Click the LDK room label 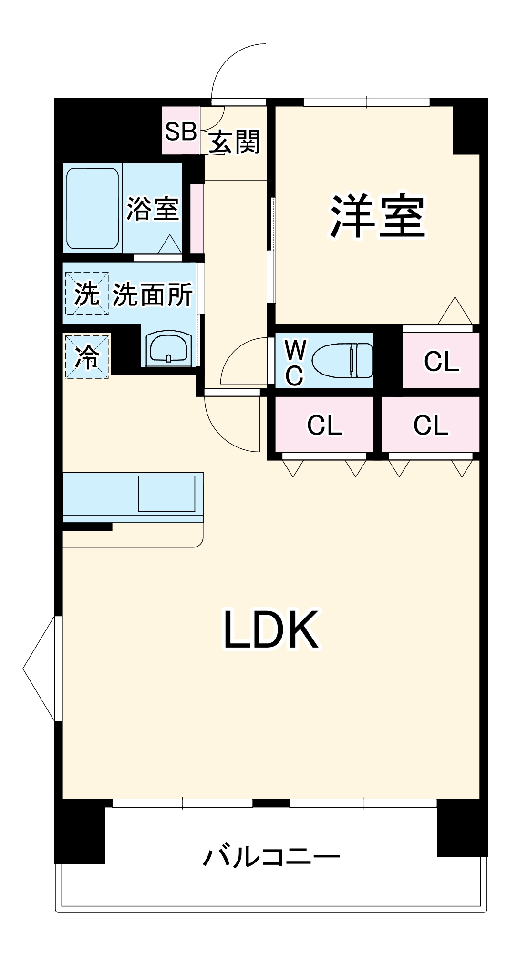click(271, 630)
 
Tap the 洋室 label click(377, 216)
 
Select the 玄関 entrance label click(235, 142)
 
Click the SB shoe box click(181, 131)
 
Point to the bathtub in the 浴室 click(93, 208)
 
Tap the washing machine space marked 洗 click(87, 294)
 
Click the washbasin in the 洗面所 click(169, 348)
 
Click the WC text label click(295, 363)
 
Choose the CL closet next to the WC click(441, 361)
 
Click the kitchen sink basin click(166, 493)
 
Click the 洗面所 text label click(153, 294)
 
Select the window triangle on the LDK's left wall click(41, 668)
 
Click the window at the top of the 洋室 click(366, 101)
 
